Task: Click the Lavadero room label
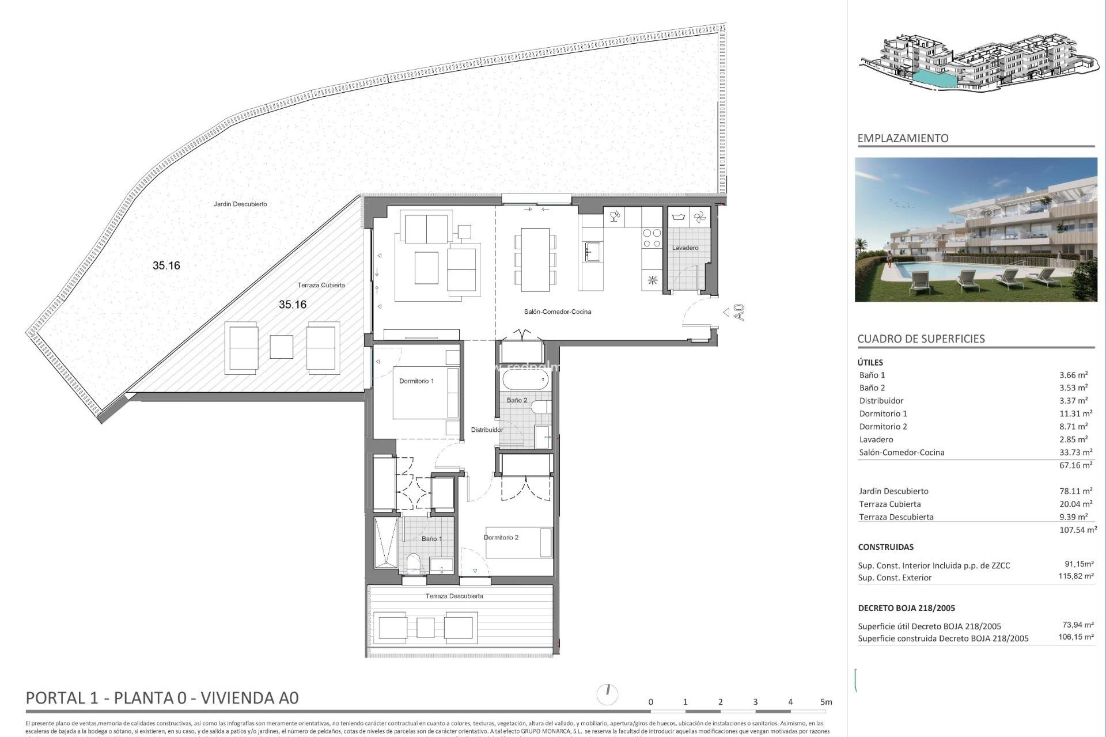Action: (x=685, y=248)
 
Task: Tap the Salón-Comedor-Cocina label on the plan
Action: (x=557, y=312)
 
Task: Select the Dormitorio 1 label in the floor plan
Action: (x=416, y=381)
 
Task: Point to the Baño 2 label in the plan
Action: (x=517, y=400)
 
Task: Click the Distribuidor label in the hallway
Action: (x=487, y=430)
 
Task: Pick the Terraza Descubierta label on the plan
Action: (x=454, y=597)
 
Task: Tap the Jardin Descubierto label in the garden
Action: (x=240, y=204)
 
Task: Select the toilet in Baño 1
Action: (x=413, y=563)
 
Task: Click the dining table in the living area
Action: (x=535, y=259)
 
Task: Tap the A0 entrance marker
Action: (x=740, y=312)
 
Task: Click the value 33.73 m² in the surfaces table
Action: (x=1075, y=453)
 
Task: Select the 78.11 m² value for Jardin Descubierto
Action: (x=1075, y=491)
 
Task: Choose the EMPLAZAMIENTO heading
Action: (x=903, y=139)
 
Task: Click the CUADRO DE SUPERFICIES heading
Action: (x=921, y=339)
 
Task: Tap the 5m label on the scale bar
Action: (x=826, y=702)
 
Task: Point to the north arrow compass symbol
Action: (x=608, y=694)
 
